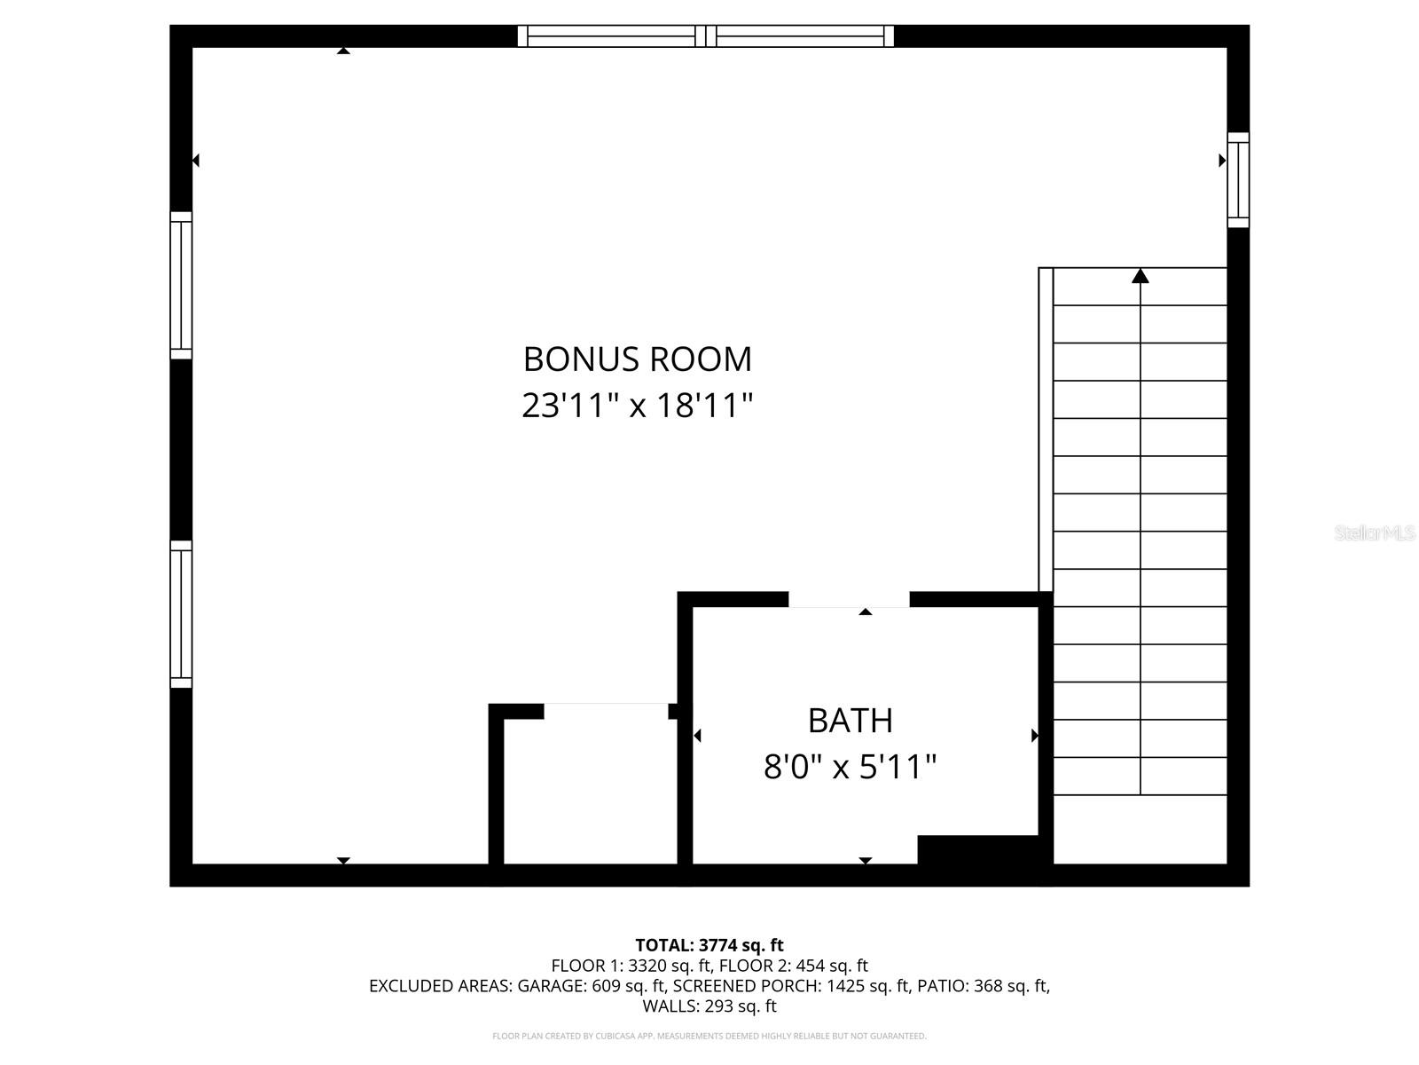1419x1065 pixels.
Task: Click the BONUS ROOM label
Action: pyautogui.click(x=637, y=359)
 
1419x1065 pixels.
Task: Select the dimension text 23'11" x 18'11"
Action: pyautogui.click(x=637, y=406)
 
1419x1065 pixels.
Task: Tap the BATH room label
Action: pyautogui.click(x=850, y=721)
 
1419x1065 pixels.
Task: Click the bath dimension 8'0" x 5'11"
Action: pyautogui.click(x=850, y=767)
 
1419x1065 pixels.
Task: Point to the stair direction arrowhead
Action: pyautogui.click(x=1141, y=276)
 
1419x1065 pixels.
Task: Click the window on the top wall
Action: pyautogui.click(x=705, y=36)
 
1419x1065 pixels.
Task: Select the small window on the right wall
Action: pyautogui.click(x=1238, y=180)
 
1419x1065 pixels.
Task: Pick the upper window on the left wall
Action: pyautogui.click(x=181, y=285)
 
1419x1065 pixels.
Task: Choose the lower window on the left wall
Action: pyautogui.click(x=181, y=614)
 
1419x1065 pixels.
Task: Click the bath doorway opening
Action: pyautogui.click(x=849, y=600)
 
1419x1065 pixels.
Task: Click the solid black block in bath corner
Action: pyautogui.click(x=977, y=849)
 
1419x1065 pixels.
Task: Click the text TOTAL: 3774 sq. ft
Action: pyautogui.click(x=709, y=945)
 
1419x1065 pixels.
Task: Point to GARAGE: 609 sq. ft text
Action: pyautogui.click(x=592, y=986)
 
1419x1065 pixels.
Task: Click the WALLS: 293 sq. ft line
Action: pyautogui.click(x=709, y=1006)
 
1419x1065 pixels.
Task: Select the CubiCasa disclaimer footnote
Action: pyautogui.click(x=709, y=1036)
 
